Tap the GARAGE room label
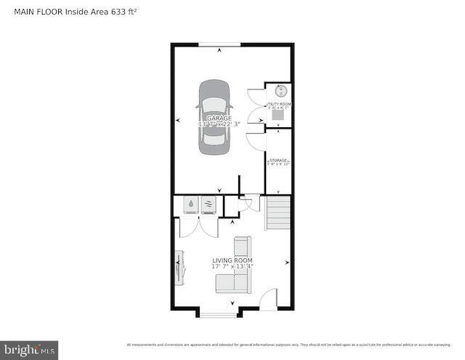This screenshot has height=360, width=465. pyautogui.click(x=219, y=118)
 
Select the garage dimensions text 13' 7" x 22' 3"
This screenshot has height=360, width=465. pyautogui.click(x=219, y=124)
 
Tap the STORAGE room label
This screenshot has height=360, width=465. pyautogui.click(x=278, y=160)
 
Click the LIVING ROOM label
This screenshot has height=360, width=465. pyautogui.click(x=232, y=260)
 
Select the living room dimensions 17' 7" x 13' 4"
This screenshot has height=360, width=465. pyautogui.click(x=232, y=267)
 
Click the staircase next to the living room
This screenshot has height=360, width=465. pyautogui.click(x=278, y=212)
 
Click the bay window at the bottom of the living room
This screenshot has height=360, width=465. pyautogui.click(x=218, y=313)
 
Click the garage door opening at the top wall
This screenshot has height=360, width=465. pyautogui.click(x=219, y=45)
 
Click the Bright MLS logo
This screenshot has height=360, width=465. pyautogui.click(x=29, y=351)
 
